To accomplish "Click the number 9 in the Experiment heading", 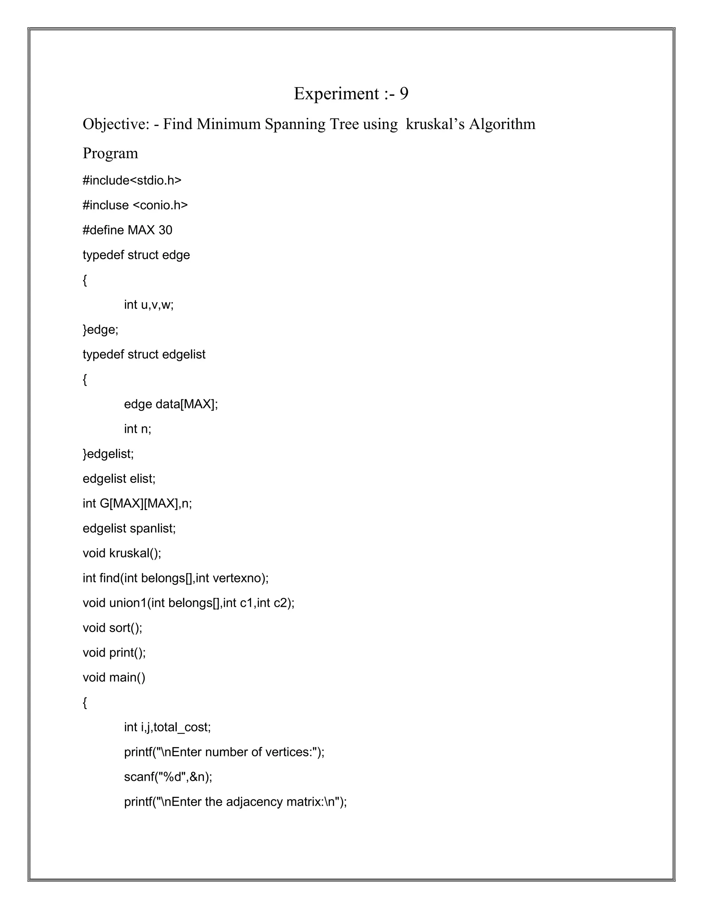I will [x=404, y=94].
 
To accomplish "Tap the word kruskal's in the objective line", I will [x=435, y=125].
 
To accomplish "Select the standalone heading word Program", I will [x=111, y=154].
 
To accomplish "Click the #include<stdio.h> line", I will [x=132, y=181].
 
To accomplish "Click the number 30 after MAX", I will [x=165, y=230].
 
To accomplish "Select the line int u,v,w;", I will [x=149, y=305].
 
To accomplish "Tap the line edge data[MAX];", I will [x=171, y=404].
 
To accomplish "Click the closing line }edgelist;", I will [x=108, y=454].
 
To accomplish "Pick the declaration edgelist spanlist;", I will [x=129, y=529].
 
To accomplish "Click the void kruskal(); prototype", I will [x=122, y=554].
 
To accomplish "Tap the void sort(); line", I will [x=113, y=628].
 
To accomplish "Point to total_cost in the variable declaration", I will [x=182, y=728].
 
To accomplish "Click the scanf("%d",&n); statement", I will [x=168, y=777].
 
